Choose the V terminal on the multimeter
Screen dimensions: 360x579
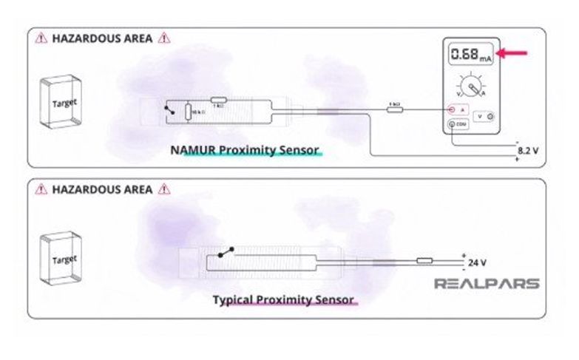(x=484, y=117)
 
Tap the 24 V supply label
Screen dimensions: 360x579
(x=478, y=262)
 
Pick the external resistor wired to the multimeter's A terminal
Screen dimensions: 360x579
(x=394, y=109)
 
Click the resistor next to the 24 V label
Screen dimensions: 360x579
(x=424, y=259)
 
